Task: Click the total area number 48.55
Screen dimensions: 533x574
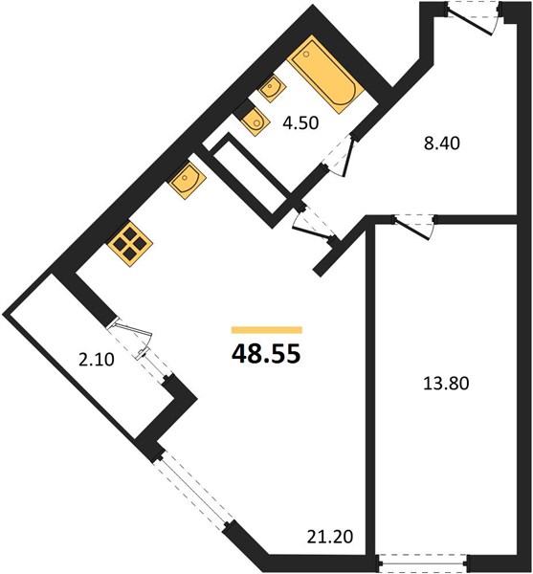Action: pos(266,354)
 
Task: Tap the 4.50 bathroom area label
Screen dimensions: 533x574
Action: pos(300,123)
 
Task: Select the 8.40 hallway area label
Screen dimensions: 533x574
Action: pos(441,143)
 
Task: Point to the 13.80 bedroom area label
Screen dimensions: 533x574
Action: pos(446,384)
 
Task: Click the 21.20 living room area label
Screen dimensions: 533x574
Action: pos(330,537)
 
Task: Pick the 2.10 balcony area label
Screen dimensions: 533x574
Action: pos(97,360)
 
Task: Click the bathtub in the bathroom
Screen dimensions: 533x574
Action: pos(325,75)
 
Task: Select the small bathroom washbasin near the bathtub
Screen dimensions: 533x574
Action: pos(273,88)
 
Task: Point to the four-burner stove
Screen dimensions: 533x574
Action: pos(130,243)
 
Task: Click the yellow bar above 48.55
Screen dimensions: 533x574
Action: pos(267,330)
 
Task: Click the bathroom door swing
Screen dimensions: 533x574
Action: pos(339,156)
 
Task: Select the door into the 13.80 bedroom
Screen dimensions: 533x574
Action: pos(414,227)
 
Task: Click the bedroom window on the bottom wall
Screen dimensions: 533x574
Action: pos(424,563)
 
